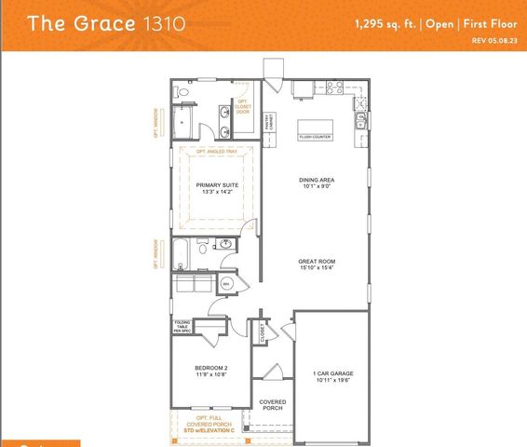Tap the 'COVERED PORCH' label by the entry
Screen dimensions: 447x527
point(273,406)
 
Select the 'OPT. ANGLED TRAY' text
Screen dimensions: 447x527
point(218,152)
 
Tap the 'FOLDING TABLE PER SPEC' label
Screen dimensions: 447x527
point(182,327)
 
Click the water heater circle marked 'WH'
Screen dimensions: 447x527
point(226,283)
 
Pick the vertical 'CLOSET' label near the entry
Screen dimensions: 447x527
point(263,333)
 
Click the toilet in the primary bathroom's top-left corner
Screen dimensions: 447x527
point(183,92)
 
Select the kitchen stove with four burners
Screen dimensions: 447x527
point(335,88)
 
